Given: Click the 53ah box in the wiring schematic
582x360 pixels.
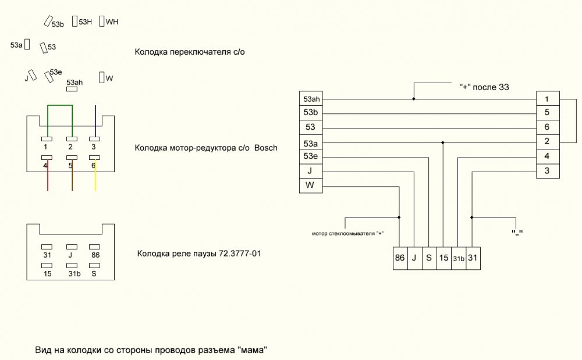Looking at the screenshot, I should [x=311, y=99].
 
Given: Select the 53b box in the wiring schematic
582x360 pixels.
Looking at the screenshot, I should [x=311, y=113].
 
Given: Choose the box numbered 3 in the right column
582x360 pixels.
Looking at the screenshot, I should [x=548, y=171].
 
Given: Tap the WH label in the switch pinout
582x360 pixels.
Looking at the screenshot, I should [x=112, y=22].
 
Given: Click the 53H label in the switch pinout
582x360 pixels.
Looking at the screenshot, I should [x=85, y=22].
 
